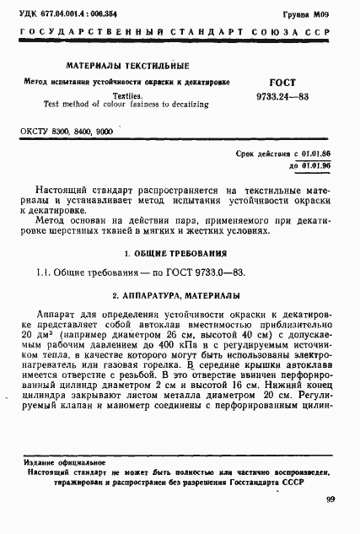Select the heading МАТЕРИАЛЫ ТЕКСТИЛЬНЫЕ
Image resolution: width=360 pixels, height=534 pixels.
point(128,66)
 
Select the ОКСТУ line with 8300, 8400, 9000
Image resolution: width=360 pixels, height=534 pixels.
point(72,132)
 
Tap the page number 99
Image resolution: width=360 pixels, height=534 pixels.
point(330,500)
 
